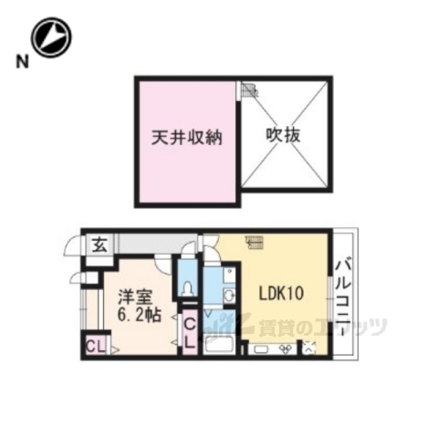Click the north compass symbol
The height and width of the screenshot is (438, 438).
tap(51, 37)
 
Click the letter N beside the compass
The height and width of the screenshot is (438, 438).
tap(19, 62)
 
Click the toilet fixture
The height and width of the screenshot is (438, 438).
tap(188, 287)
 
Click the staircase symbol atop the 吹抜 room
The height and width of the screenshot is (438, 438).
tap(249, 91)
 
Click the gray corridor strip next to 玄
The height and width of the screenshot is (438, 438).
tap(146, 245)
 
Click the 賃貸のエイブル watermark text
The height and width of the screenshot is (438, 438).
tap(324, 326)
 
